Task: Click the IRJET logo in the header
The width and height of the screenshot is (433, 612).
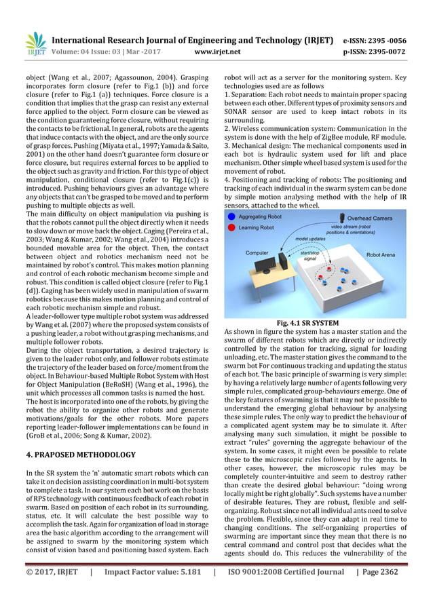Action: coord(33,43)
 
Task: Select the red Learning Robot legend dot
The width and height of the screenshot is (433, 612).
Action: coord(232,229)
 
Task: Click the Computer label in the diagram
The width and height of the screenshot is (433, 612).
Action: coord(257,253)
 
